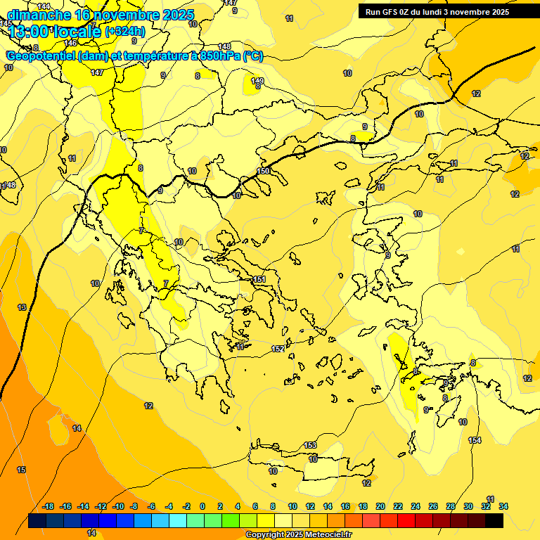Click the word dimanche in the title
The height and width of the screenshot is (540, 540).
(39, 15)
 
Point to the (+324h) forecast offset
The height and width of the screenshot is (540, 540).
(125, 32)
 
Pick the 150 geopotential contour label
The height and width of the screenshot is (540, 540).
(264, 171)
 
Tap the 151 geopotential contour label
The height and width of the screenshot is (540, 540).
(259, 280)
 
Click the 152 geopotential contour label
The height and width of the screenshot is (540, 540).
(278, 349)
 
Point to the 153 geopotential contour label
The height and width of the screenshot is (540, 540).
(310, 445)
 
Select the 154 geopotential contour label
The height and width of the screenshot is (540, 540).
(475, 440)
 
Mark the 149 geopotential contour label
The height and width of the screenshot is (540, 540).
(257, 81)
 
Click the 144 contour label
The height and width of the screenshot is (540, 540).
(44, 6)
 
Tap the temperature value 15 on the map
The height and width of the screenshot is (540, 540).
(21, 470)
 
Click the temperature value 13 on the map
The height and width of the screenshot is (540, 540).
(22, 307)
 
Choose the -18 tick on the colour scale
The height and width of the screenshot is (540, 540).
(49, 506)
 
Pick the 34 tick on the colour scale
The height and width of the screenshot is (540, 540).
(503, 506)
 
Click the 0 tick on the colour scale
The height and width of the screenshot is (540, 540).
(202, 506)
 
